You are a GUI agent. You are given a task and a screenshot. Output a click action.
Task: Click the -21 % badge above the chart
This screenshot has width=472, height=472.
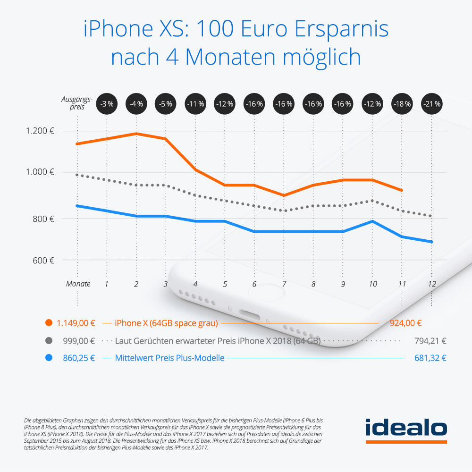431,103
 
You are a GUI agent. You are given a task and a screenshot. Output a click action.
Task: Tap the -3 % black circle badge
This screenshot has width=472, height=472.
107,103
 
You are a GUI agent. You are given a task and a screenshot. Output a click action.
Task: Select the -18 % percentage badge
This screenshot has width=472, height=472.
402,103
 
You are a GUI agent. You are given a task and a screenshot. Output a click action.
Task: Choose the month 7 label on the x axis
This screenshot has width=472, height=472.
284,284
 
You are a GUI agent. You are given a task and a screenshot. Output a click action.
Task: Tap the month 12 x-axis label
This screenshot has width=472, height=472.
431,284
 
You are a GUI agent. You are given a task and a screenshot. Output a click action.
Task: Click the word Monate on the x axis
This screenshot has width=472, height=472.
78,284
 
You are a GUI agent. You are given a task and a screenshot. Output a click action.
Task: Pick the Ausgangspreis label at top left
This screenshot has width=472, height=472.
76,103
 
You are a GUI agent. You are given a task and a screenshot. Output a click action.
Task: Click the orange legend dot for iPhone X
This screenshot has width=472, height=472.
48,323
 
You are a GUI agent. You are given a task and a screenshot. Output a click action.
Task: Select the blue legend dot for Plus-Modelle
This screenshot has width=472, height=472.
48,358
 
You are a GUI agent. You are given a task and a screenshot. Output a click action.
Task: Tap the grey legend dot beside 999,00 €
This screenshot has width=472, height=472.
48,341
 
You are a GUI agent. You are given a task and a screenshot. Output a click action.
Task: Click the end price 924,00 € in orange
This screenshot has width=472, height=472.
405,323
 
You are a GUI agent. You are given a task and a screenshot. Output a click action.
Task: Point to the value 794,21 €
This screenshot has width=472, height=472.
430,341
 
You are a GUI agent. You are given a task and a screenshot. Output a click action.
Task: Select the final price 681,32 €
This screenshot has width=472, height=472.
430,358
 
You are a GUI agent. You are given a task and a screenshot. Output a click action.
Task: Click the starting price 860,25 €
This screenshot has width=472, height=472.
79,358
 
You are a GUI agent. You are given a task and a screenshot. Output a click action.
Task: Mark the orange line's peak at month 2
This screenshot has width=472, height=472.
136,134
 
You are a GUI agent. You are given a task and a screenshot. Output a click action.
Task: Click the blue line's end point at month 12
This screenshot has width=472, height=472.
431,242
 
